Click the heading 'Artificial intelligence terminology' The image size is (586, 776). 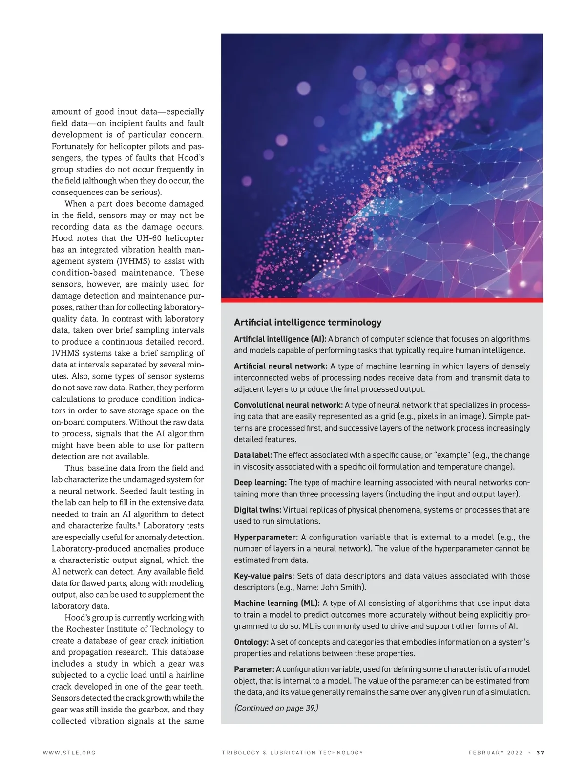[308, 323]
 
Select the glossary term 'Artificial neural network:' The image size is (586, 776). [280, 366]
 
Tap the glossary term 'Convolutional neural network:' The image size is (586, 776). [288, 405]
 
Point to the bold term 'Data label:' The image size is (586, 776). [253, 455]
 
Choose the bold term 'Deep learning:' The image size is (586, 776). [260, 482]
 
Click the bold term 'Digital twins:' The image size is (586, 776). [257, 510]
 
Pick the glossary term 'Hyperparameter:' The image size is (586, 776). [266, 537]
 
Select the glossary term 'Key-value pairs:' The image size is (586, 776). [264, 576]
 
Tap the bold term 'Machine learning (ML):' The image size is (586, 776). [277, 603]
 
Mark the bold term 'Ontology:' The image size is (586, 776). [251, 642]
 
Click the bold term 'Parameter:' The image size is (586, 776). [254, 669]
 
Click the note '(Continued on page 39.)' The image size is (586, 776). [276, 708]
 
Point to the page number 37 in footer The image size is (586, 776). [540, 753]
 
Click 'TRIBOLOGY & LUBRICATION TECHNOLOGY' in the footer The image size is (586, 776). [293, 753]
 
